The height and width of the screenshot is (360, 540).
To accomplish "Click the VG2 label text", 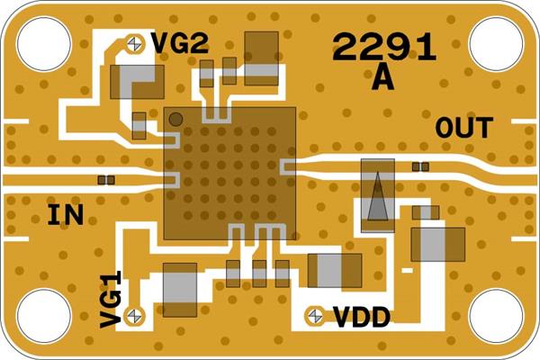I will coord(179,43).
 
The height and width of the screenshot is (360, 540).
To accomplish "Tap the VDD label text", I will coord(362,317).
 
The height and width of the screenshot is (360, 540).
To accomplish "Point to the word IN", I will coord(66,215).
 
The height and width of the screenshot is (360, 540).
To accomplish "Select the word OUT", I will coord(463,128).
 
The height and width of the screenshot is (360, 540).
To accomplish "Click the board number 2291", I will coord(384,47).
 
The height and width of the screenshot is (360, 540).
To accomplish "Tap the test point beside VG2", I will coord(135,42).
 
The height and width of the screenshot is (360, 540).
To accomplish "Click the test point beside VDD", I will coord(315,315).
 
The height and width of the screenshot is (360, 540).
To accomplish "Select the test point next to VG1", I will coord(135,314).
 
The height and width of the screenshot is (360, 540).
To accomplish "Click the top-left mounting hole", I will coord(43,43).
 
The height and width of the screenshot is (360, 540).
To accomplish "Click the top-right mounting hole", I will coord(496,43).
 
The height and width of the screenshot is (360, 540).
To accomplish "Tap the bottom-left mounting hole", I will coord(43,316).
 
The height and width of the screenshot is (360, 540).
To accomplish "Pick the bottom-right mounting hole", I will coord(496,316).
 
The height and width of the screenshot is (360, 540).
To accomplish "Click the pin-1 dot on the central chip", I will coord(176,119).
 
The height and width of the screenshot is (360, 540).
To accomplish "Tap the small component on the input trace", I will coord(106,180).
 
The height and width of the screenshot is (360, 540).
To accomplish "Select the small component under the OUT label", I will coord(419,166).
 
